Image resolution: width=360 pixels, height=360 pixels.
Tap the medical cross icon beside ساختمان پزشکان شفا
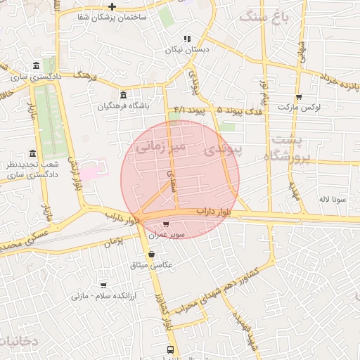(112, 6)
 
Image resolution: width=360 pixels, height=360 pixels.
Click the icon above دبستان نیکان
(186, 39)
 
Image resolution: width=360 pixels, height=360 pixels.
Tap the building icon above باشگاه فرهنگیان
(124, 95)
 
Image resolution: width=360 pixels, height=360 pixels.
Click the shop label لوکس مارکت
(299, 108)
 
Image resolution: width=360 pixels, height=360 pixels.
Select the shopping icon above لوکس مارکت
(299, 97)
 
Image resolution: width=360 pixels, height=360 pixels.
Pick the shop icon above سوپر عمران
(166, 224)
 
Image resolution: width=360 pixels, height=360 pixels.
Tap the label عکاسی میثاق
(152, 265)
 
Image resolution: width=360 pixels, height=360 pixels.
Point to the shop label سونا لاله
(332, 200)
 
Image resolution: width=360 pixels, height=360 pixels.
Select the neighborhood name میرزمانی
(160, 147)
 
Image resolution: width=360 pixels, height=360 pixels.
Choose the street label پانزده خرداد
(340, 82)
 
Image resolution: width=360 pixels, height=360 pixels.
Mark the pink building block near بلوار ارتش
(91, 171)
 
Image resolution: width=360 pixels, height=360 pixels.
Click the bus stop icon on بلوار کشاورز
(171, 349)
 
